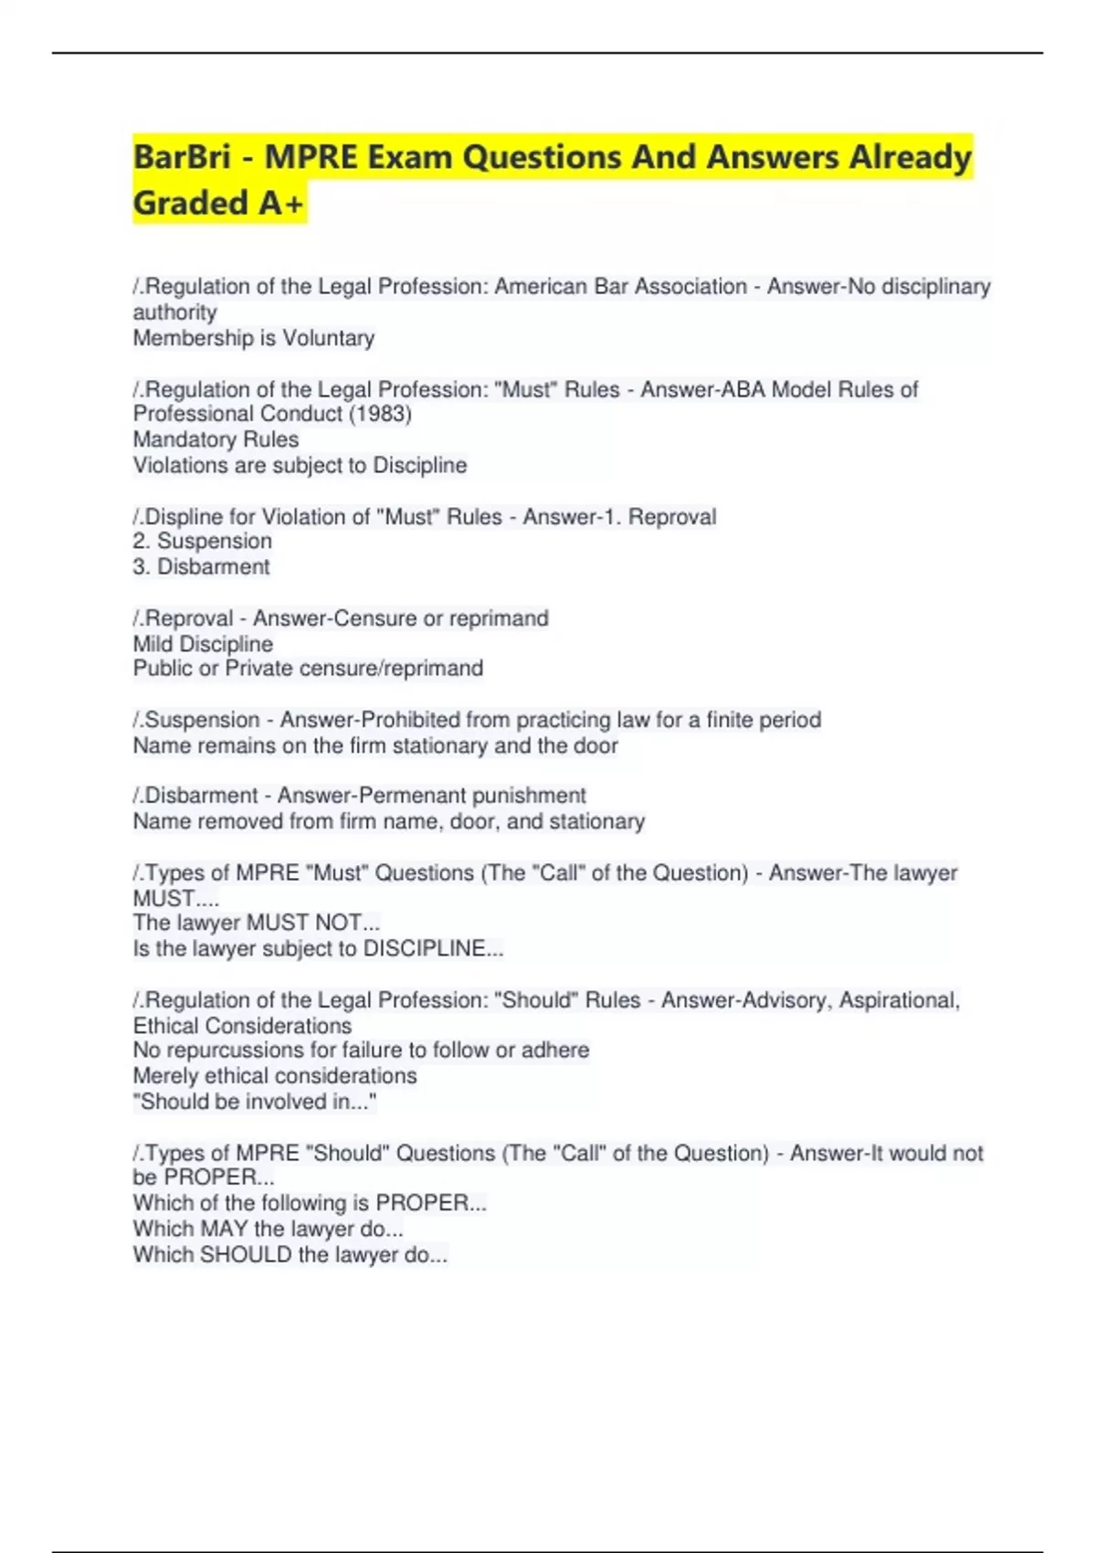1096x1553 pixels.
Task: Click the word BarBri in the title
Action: click(x=182, y=157)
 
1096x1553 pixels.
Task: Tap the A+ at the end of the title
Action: click(x=280, y=203)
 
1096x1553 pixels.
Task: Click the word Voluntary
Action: click(x=328, y=338)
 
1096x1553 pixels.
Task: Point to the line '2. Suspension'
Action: click(x=203, y=541)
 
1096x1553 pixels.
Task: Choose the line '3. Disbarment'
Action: click(x=202, y=566)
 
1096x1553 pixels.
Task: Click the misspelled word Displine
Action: click(x=184, y=517)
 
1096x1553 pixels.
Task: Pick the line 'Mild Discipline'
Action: click(x=203, y=644)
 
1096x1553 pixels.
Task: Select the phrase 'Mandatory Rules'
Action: click(x=216, y=439)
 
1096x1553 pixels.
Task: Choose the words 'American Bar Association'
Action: click(x=620, y=287)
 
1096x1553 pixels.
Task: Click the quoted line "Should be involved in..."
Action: click(x=255, y=1102)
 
